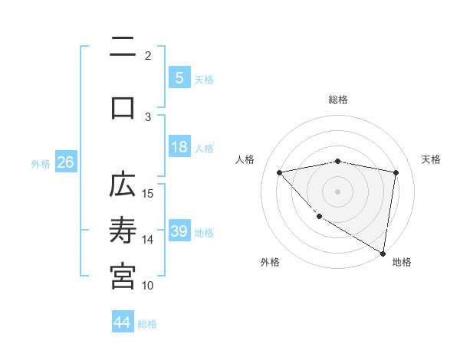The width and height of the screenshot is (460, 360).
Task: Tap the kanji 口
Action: point(123,106)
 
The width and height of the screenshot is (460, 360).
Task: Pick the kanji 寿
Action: point(123,231)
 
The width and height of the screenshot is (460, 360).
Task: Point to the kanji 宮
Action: point(123,277)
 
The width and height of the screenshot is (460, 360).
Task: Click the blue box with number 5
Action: point(179,77)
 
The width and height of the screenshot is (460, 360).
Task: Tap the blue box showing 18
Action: point(179,147)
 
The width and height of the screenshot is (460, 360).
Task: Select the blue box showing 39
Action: point(179,231)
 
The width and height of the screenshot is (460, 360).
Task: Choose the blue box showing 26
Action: point(66,162)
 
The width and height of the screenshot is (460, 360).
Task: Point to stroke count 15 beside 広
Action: point(149,192)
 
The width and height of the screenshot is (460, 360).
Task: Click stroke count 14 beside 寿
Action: point(149,239)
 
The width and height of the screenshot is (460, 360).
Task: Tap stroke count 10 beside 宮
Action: point(149,285)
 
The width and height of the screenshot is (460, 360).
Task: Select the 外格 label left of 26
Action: point(41,163)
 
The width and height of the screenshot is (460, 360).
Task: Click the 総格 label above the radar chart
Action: point(338,100)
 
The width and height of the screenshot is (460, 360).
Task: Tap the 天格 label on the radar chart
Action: point(432,159)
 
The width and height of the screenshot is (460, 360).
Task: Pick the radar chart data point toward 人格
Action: point(280,172)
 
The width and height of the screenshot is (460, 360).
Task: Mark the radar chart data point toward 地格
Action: point(383,253)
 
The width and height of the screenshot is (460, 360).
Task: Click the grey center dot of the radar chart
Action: point(337,191)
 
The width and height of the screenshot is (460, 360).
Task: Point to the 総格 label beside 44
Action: point(147,324)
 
